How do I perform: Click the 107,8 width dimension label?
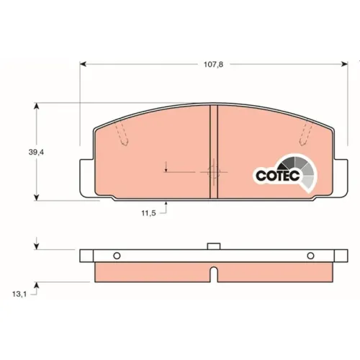coord(213,64)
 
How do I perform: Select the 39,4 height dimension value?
coord(36,152)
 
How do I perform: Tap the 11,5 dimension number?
coord(148,213)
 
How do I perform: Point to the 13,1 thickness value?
coord(19,294)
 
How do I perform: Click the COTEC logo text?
coord(278,176)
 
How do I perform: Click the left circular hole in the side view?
coord(117,256)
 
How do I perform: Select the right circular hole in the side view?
coord(310,256)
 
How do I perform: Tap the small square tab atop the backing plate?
coord(214,246)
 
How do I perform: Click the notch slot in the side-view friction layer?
coord(214,274)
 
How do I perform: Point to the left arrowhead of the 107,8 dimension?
coord(83,64)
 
